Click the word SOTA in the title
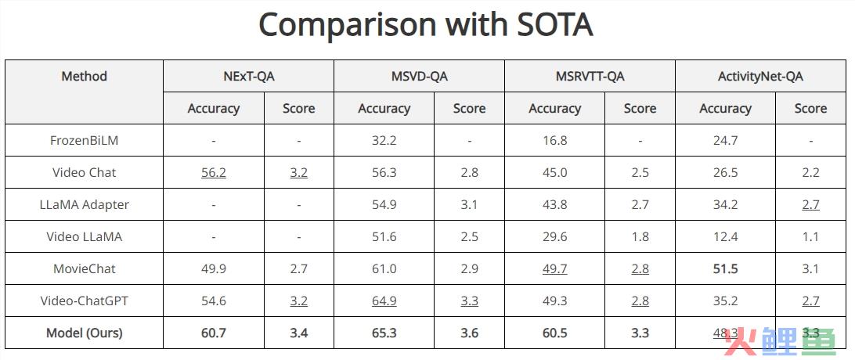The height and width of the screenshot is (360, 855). (543, 25)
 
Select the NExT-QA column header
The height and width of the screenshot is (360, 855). (248, 76)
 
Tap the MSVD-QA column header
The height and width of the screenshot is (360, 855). (419, 76)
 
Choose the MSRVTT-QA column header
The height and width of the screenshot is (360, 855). (589, 76)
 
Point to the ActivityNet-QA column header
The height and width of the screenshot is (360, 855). (760, 76)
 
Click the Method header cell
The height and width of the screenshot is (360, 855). (84, 76)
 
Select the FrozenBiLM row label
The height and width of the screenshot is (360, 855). (84, 141)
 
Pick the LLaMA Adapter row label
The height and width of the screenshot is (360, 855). (84, 204)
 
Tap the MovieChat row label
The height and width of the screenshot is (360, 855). (84, 268)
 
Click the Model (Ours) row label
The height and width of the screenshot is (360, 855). (84, 333)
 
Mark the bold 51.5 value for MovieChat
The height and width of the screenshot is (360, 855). (724, 268)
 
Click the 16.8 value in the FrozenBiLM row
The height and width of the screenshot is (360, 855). (554, 141)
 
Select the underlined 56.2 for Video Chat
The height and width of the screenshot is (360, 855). (213, 172)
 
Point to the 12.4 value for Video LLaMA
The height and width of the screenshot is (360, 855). (724, 236)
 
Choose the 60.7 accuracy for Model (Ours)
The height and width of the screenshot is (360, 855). (213, 333)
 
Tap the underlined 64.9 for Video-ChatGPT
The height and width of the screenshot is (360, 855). (384, 301)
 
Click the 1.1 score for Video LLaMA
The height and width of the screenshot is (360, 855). (810, 236)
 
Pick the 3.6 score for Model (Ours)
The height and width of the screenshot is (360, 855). (469, 333)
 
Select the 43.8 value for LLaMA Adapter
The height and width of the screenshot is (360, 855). (554, 204)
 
